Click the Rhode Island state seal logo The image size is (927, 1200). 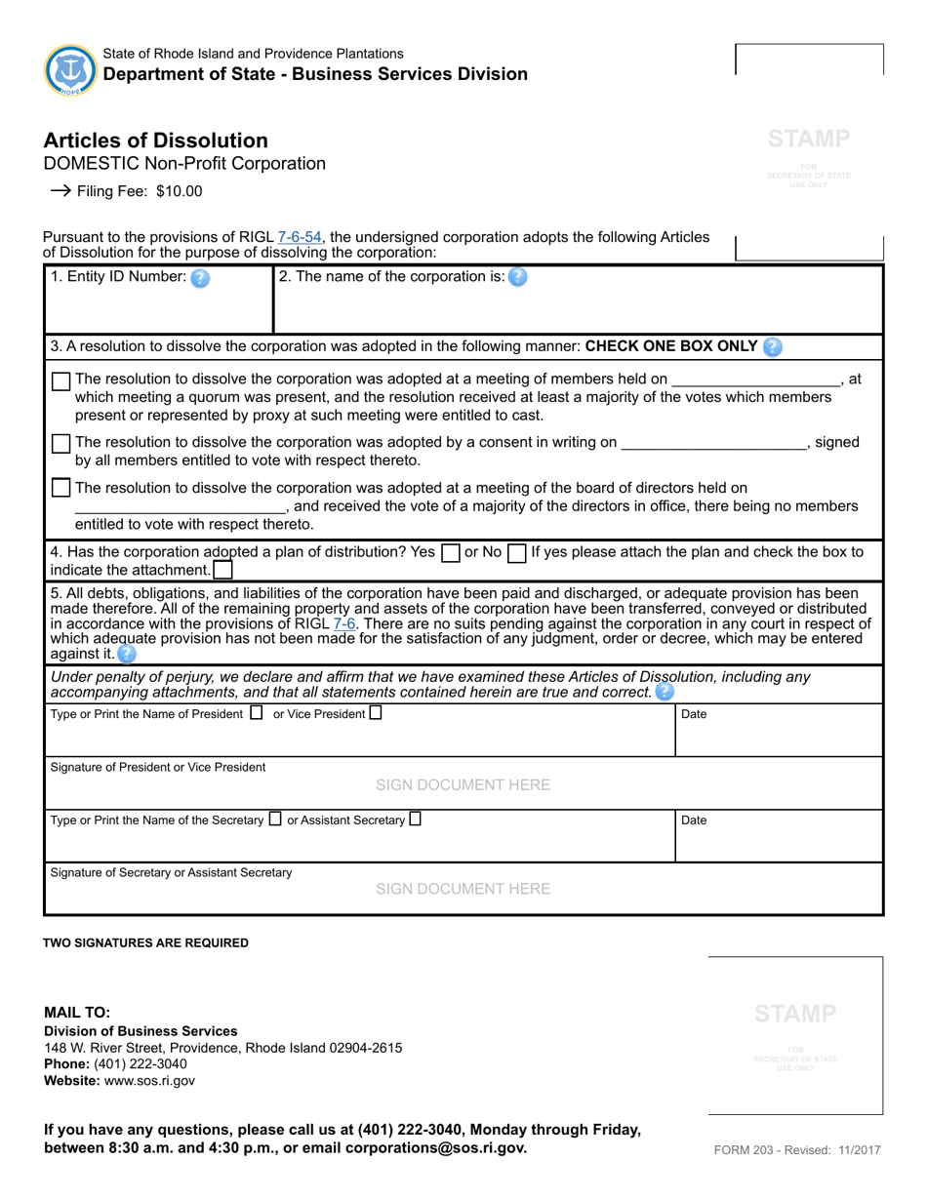pyautogui.click(x=70, y=69)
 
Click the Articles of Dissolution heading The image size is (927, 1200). pyautogui.click(x=155, y=140)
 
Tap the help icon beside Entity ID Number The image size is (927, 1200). pyautogui.click(x=200, y=278)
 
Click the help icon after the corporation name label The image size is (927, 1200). pyautogui.click(x=518, y=277)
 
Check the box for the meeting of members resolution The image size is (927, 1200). pyautogui.click(x=60, y=381)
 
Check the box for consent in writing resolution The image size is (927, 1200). pyautogui.click(x=60, y=444)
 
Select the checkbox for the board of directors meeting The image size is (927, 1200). pyautogui.click(x=60, y=488)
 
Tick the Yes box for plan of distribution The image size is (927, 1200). pyautogui.click(x=451, y=553)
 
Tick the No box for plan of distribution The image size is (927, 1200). pyautogui.click(x=517, y=553)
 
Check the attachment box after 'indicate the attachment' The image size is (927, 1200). pyautogui.click(x=222, y=570)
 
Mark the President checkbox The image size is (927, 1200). pyautogui.click(x=257, y=713)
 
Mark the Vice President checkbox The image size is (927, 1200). pyautogui.click(x=376, y=713)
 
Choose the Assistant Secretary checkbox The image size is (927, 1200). pyautogui.click(x=416, y=820)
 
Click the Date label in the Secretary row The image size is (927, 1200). pyautogui.click(x=694, y=820)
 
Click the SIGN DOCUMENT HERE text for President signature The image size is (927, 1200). pyautogui.click(x=463, y=785)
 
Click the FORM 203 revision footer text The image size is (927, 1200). pyautogui.click(x=796, y=1150)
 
